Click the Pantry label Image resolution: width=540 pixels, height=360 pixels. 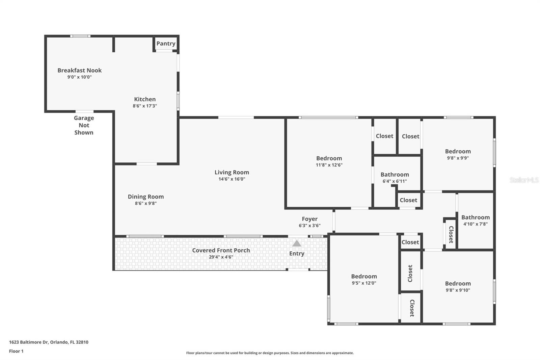click(166, 44)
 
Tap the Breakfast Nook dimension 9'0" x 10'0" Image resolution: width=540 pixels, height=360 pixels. click(80, 77)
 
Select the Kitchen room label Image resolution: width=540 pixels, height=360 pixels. click(145, 99)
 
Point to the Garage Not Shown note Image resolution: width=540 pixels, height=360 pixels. click(84, 125)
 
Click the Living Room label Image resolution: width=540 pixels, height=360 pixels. click(232, 172)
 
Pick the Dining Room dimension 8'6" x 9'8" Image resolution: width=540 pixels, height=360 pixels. click(145, 203)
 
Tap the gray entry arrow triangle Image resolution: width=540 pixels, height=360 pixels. click(297, 243)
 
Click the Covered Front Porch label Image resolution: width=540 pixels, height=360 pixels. click(221, 250)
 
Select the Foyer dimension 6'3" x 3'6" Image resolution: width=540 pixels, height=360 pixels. click(309, 225)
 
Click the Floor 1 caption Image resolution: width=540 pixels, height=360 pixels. click(16, 351)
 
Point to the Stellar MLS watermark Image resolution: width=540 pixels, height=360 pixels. click(524, 180)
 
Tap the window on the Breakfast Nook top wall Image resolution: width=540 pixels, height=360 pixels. click(80, 36)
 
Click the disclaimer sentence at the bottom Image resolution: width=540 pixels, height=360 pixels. click(270, 353)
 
